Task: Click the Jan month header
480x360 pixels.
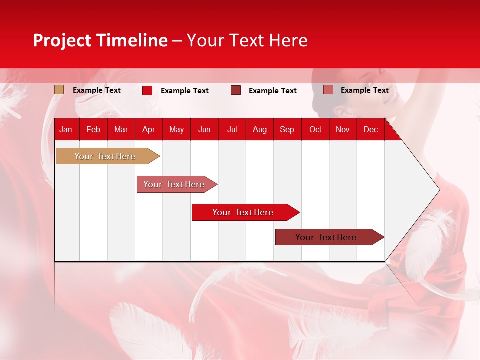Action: [66, 129]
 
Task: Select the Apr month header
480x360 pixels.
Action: [148, 129]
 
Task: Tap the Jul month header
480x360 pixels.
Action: [232, 129]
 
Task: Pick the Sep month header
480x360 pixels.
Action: [287, 129]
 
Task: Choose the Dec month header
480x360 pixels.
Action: [370, 129]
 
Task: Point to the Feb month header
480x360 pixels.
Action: [93, 129]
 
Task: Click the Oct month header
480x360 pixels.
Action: [315, 129]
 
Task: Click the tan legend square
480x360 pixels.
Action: [59, 90]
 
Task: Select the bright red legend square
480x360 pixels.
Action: [147, 90]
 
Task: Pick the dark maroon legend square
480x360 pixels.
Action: [236, 90]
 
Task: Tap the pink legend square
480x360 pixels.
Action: [328, 90]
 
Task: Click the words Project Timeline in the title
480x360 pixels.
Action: [100, 40]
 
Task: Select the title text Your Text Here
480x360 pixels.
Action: [247, 40]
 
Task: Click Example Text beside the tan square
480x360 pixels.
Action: [97, 90]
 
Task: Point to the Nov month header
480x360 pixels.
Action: [343, 129]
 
